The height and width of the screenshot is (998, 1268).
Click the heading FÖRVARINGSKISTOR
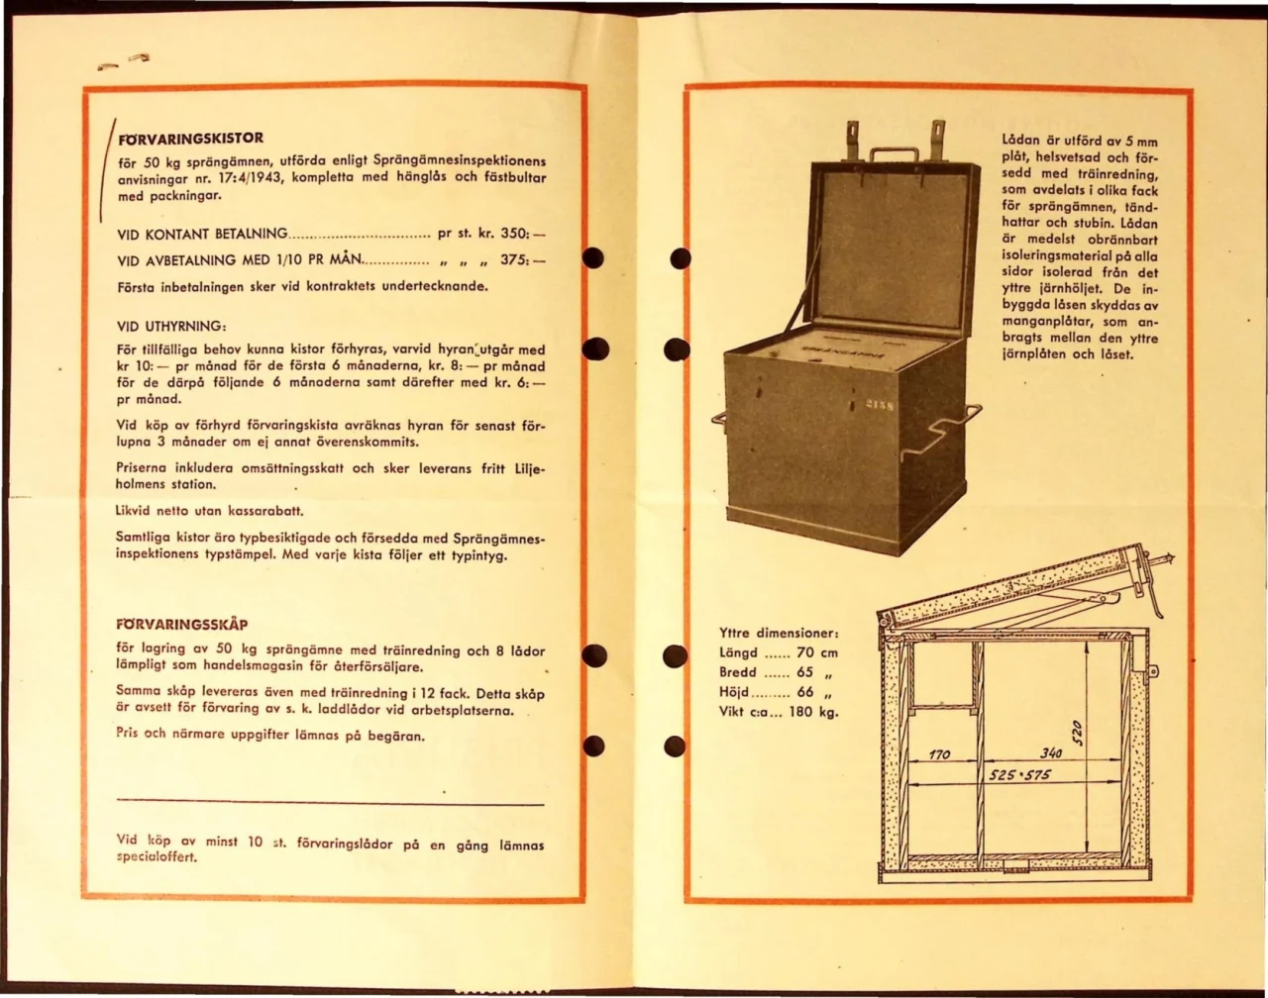(x=190, y=139)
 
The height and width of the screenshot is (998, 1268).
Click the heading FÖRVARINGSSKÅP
(x=181, y=625)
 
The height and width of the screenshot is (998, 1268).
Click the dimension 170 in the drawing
(x=939, y=754)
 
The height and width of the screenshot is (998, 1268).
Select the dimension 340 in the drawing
(x=1051, y=754)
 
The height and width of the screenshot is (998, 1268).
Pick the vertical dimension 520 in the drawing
(x=1079, y=734)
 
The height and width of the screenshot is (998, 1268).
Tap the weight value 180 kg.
(x=813, y=711)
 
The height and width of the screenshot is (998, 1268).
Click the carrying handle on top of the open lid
(x=895, y=154)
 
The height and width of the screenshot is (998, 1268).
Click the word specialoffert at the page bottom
(x=157, y=858)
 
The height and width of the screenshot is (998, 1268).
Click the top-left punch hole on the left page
(x=592, y=258)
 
